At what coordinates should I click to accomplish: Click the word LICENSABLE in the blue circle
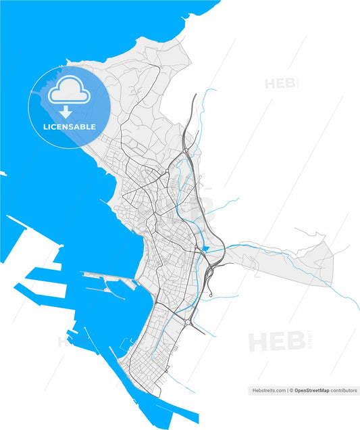[x=70, y=127]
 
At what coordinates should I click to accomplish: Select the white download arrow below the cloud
[x=66, y=111]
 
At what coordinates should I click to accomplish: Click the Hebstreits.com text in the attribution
[x=267, y=391]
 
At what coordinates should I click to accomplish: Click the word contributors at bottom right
[x=344, y=391]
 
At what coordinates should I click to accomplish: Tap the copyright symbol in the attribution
[x=291, y=391]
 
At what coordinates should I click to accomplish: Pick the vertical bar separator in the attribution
[x=286, y=391]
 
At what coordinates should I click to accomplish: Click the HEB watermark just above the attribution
[x=276, y=341]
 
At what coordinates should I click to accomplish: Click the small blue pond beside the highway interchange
[x=205, y=249]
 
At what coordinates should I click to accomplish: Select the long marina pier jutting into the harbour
[x=108, y=274]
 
